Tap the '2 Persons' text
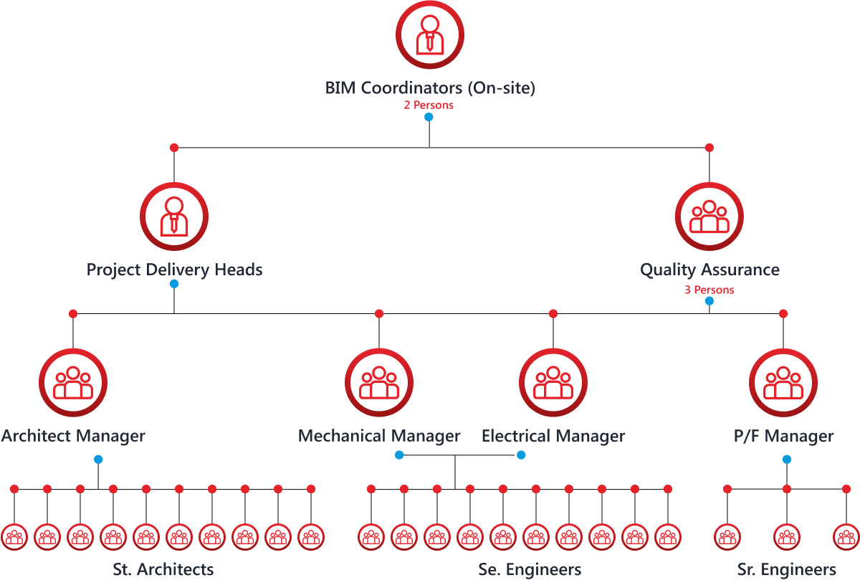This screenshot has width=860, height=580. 429,105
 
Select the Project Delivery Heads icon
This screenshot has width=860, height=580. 174,217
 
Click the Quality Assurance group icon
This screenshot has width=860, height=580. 709,217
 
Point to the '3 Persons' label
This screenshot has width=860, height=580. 709,290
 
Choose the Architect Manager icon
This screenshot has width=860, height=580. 73,382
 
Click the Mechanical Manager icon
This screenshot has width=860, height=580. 379,382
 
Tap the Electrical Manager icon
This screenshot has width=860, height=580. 553,382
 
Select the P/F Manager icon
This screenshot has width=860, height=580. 783,382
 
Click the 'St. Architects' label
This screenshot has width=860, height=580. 163,570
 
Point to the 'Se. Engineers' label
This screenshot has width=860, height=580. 530,570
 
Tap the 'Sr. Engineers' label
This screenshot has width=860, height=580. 787,570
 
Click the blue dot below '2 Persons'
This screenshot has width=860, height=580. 429,117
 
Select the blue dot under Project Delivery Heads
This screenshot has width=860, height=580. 174,284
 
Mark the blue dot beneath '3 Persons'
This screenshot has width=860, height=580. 709,301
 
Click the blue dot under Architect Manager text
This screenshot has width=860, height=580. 98,460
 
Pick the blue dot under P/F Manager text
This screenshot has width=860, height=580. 787,460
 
